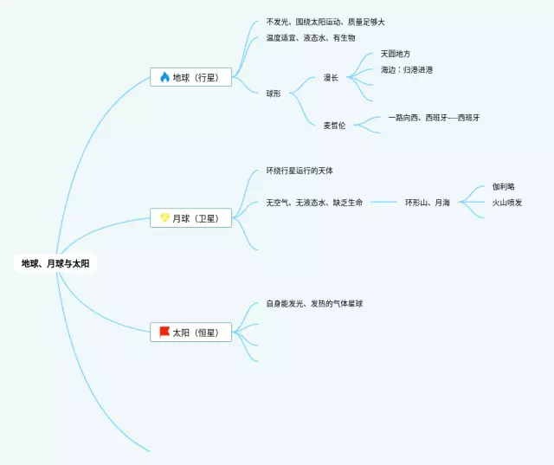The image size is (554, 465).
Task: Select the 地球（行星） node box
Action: coord(190,77)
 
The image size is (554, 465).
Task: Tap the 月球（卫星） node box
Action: coord(190,218)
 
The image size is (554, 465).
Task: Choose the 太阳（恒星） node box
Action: coord(190,332)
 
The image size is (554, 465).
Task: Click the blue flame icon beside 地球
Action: coord(164,77)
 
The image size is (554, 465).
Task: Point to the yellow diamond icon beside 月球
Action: coord(164,218)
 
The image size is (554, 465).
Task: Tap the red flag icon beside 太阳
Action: coord(164,332)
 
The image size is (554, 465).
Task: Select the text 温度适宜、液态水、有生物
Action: coord(311,38)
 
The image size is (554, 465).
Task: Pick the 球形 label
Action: coord(274,93)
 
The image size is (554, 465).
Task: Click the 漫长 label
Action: coord(332,77)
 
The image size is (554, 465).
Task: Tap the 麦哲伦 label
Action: coord(334,126)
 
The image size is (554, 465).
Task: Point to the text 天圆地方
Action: coord(396,54)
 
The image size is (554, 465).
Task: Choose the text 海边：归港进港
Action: coord(407,69)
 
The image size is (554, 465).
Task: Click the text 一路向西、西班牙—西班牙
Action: coord(434,117)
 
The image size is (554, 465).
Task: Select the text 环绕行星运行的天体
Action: coord(300,171)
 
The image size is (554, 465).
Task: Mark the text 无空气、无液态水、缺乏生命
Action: coord(314,203)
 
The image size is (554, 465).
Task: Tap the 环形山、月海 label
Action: coord(428,203)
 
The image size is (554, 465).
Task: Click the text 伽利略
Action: coord(503,186)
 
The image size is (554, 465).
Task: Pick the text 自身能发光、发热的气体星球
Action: coord(314,304)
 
